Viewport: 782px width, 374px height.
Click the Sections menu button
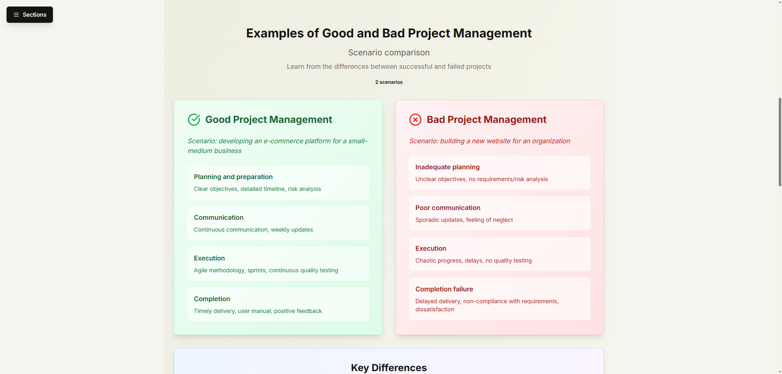click(30, 15)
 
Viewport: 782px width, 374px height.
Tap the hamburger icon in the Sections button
click(16, 15)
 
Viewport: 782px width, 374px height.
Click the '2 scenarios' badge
click(389, 82)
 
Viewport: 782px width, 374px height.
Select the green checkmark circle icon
click(194, 120)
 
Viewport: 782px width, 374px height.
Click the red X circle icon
click(415, 120)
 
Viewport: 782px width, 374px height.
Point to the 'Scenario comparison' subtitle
click(389, 52)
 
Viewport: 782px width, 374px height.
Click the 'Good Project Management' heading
click(269, 120)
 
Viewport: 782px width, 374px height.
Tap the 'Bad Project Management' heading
click(487, 120)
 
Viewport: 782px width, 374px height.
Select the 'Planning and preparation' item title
click(233, 177)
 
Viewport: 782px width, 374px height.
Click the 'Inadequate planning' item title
click(448, 167)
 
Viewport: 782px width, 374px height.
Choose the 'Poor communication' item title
click(448, 208)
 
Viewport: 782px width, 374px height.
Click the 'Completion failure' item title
click(444, 289)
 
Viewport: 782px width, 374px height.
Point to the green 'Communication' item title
click(219, 217)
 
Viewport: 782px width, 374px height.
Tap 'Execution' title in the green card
click(209, 258)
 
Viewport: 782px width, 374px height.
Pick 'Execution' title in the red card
click(431, 248)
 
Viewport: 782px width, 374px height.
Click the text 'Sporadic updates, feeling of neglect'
click(464, 220)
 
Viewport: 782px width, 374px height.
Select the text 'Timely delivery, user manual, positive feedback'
click(258, 311)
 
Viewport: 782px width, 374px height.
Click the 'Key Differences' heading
click(389, 367)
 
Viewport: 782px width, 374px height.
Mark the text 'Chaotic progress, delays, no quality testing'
click(474, 260)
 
